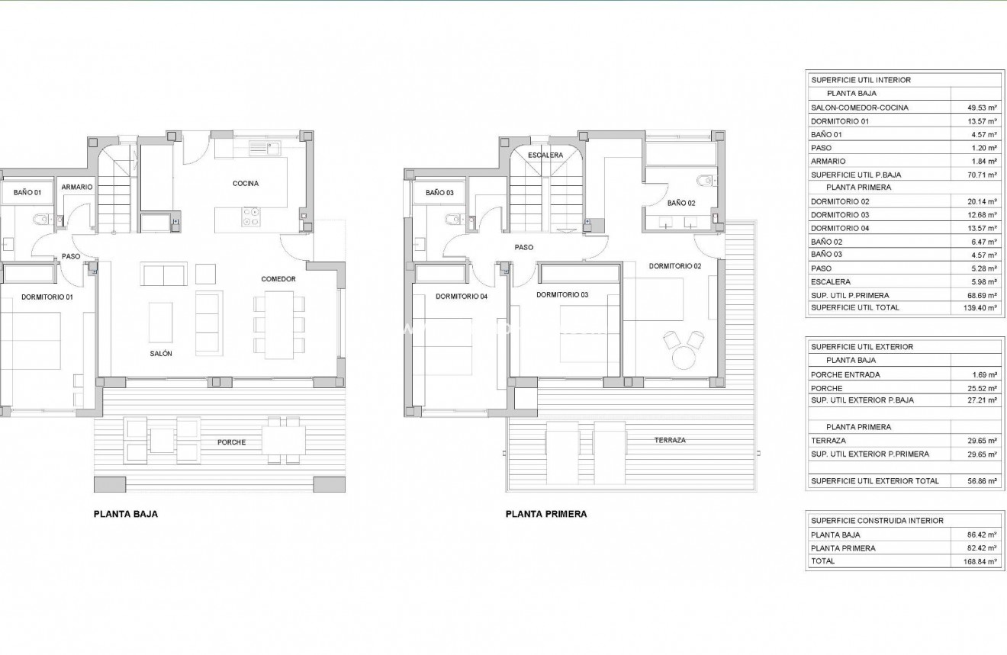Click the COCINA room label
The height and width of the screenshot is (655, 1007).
click(246, 183)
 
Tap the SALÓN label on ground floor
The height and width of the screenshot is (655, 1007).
click(161, 354)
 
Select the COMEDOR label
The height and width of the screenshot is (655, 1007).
click(278, 279)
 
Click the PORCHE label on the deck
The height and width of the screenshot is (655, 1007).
click(231, 442)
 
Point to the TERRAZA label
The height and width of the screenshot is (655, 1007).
click(669, 440)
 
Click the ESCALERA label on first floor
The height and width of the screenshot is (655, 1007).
click(545, 155)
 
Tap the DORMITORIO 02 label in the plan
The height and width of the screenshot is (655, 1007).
click(674, 266)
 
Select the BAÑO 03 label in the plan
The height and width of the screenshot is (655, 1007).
click(439, 193)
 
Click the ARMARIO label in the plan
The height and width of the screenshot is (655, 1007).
click(77, 187)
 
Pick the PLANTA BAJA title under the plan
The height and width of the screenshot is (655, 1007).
click(125, 514)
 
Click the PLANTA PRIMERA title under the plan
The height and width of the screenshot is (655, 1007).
click(546, 514)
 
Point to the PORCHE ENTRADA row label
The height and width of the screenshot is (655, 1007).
click(845, 374)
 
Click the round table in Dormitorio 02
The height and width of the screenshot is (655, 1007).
click(683, 358)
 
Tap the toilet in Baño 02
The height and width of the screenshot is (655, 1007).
click(706, 181)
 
